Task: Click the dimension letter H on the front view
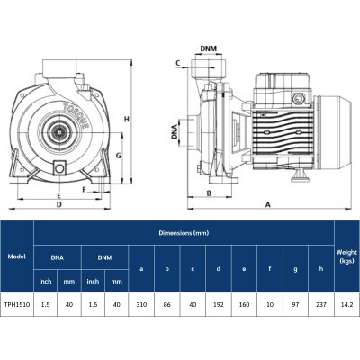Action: click(x=128, y=120)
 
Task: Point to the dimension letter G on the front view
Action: click(x=118, y=157)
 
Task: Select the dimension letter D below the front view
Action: click(x=58, y=205)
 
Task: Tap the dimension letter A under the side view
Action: click(x=267, y=205)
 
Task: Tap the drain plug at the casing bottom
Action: click(x=60, y=167)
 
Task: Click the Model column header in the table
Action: click(x=16, y=255)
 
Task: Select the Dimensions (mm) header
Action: click(x=184, y=232)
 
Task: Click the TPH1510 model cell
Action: click(x=16, y=304)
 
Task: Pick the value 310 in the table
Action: click(x=141, y=304)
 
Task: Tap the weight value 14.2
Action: click(x=346, y=304)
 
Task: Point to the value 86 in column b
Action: click(x=166, y=304)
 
